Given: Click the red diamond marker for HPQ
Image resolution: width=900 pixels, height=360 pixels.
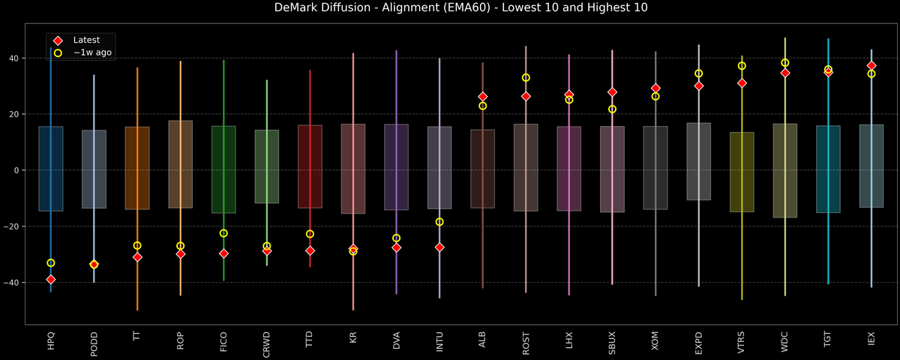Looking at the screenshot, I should (51, 280).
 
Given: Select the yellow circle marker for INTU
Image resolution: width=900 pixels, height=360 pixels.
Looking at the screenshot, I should (439, 222).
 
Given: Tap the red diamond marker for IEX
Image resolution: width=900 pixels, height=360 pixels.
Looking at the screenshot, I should (871, 66).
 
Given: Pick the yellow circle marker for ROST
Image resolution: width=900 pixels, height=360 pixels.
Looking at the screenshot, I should (526, 78).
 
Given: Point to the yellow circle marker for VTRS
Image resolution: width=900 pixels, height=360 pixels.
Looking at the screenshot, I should (742, 66).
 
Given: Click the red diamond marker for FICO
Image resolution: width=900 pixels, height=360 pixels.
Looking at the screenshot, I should (223, 253).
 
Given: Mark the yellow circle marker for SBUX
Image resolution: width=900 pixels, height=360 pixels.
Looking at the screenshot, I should (612, 109).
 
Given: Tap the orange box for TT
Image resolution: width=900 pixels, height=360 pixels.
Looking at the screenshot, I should (137, 168).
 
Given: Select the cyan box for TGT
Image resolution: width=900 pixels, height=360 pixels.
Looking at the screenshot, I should (828, 169).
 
